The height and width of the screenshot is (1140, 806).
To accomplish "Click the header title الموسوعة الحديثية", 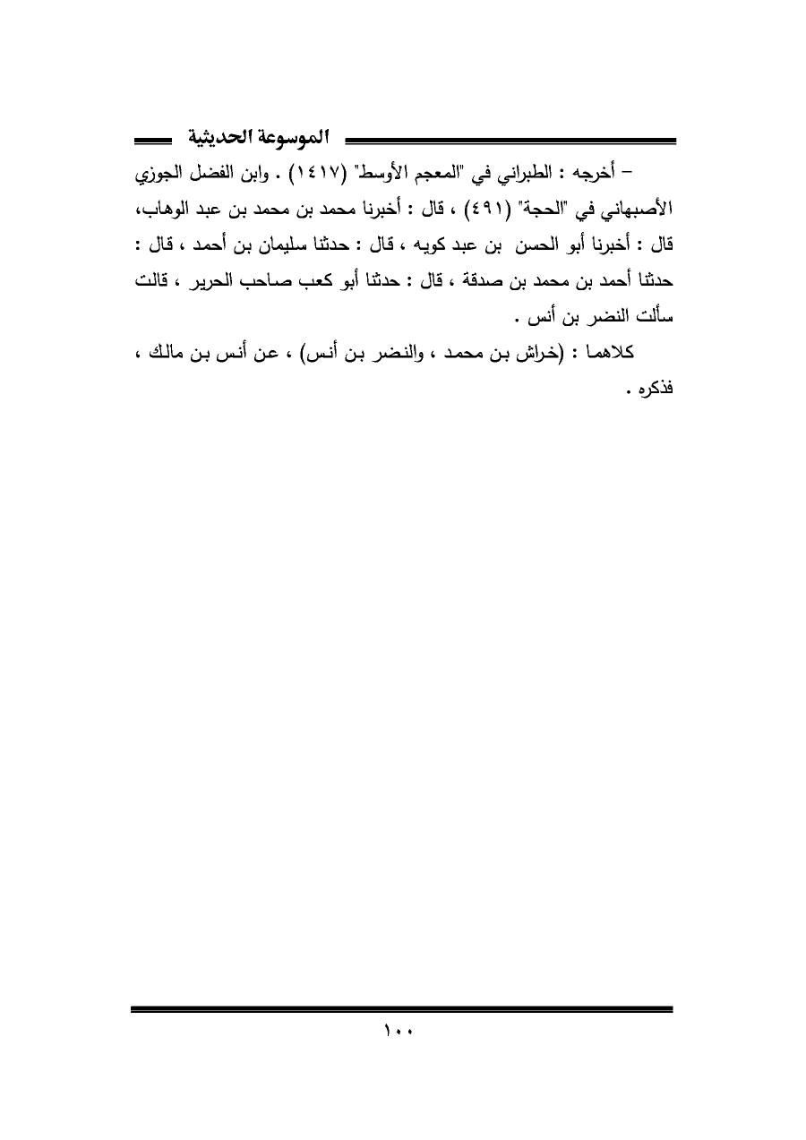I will point(261,139).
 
